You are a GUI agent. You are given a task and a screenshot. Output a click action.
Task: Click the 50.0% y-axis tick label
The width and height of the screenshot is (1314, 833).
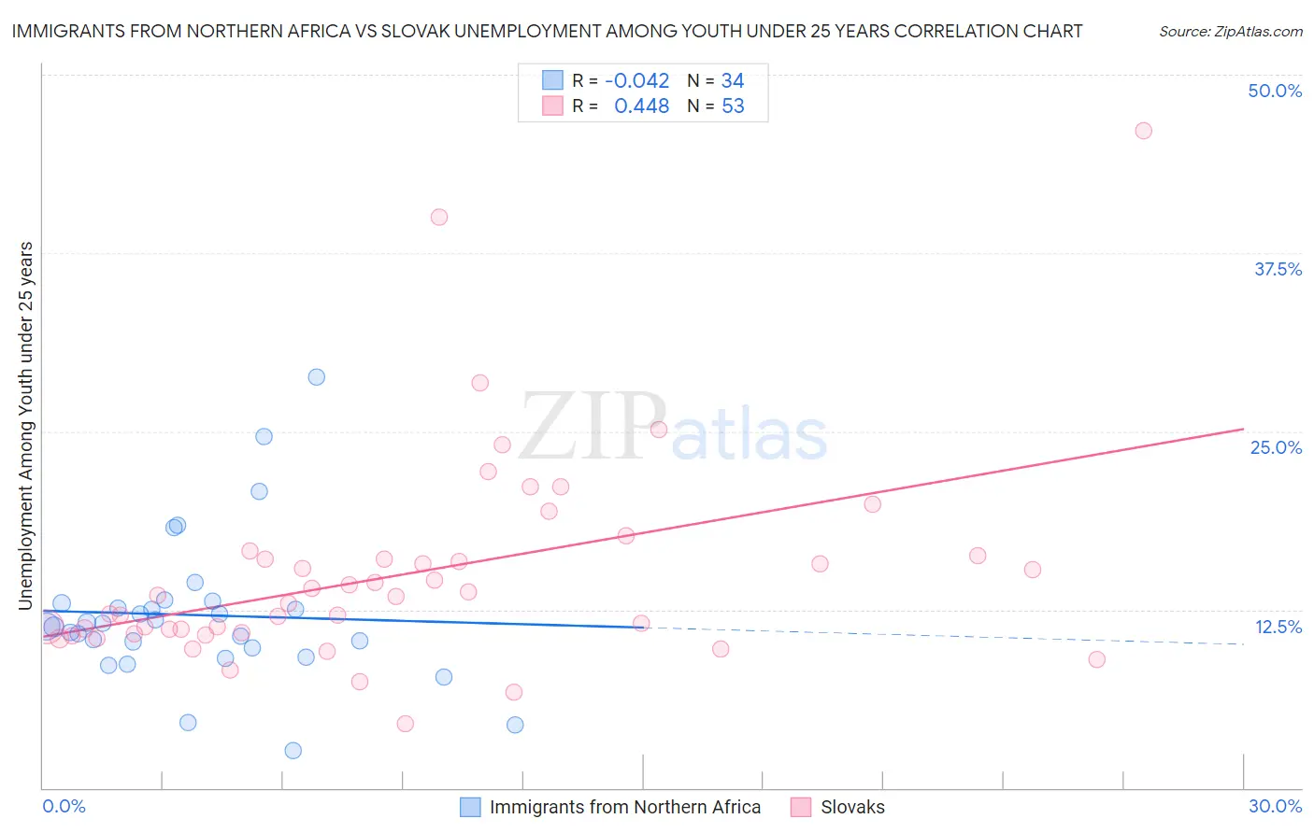click(1275, 91)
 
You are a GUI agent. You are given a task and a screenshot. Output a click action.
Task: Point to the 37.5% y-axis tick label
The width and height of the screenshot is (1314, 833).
click(1278, 269)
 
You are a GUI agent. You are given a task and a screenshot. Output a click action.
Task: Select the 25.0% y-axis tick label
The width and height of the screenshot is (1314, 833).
click(1276, 447)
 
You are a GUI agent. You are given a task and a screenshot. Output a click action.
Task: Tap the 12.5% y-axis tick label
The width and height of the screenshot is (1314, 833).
click(1278, 627)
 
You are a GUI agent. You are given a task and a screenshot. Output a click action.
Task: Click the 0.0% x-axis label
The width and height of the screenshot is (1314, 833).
click(64, 806)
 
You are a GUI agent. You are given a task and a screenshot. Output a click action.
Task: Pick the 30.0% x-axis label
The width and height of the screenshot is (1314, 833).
click(1275, 806)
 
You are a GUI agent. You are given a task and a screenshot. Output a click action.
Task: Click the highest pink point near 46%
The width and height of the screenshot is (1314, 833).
click(1143, 131)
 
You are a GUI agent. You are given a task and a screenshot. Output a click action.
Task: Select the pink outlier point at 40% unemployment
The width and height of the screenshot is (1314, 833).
click(439, 217)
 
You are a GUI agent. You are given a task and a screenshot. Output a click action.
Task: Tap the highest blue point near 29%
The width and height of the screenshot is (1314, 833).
click(317, 377)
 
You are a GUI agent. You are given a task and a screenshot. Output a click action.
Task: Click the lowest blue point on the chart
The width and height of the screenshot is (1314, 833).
click(293, 751)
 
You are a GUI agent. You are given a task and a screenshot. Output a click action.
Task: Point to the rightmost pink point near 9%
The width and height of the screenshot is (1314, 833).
click(1097, 659)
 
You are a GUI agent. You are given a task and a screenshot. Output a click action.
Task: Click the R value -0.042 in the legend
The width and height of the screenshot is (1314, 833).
click(637, 81)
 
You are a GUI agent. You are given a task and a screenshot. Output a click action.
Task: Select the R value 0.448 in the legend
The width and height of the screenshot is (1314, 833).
click(641, 106)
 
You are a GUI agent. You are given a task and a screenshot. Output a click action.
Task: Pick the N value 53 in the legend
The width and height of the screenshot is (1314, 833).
click(733, 106)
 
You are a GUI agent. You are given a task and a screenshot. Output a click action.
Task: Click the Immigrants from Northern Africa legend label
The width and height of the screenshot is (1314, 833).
click(624, 807)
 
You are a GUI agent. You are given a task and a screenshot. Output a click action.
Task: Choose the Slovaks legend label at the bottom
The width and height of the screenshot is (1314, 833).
click(852, 807)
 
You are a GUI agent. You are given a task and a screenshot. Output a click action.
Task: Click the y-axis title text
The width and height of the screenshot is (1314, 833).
click(26, 426)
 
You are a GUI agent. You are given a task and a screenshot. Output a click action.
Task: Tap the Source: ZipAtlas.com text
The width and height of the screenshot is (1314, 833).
click(1230, 32)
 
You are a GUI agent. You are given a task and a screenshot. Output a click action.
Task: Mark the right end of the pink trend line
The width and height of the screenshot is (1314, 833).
click(1243, 429)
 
